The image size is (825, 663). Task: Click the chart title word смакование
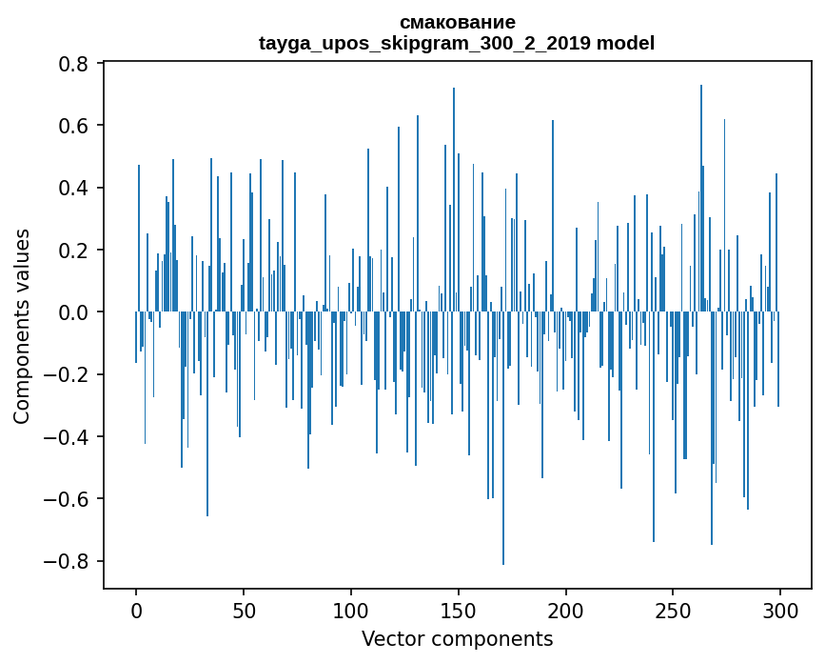tap(457, 22)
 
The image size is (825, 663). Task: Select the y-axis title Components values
tap(22, 326)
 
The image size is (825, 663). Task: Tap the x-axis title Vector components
tap(457, 638)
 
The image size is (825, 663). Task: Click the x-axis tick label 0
tap(136, 609)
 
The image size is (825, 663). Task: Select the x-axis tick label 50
tap(244, 609)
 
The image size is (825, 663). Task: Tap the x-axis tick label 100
tap(351, 609)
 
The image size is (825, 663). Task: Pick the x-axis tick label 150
tap(459, 609)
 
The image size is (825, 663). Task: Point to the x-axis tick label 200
tap(566, 609)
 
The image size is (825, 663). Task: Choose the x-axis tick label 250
tap(674, 609)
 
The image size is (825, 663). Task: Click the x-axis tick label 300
tap(780, 609)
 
